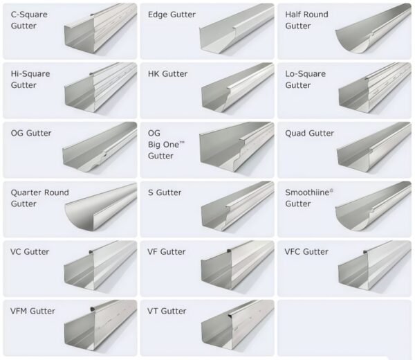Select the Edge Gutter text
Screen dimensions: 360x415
click(x=172, y=15)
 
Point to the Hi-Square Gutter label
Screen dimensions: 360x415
click(x=30, y=79)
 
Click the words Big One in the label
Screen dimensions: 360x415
click(x=167, y=145)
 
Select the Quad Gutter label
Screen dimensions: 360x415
click(x=309, y=133)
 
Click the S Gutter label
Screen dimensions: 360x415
click(x=165, y=192)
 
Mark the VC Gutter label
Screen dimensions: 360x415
click(x=30, y=252)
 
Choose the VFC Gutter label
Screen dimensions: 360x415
click(x=306, y=252)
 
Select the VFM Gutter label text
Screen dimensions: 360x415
click(x=33, y=312)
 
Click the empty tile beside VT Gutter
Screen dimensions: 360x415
click(x=344, y=327)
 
